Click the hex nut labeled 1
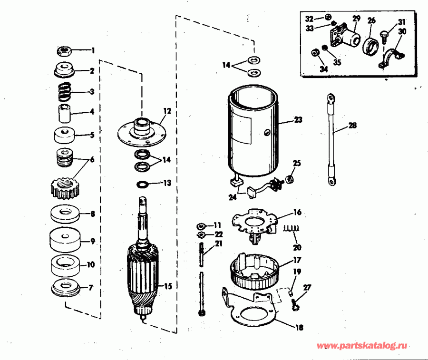(64, 50)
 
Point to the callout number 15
(168, 286)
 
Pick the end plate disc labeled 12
(142, 132)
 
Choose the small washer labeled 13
(142, 184)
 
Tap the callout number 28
(352, 126)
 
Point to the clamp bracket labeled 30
(391, 60)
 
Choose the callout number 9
(93, 242)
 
